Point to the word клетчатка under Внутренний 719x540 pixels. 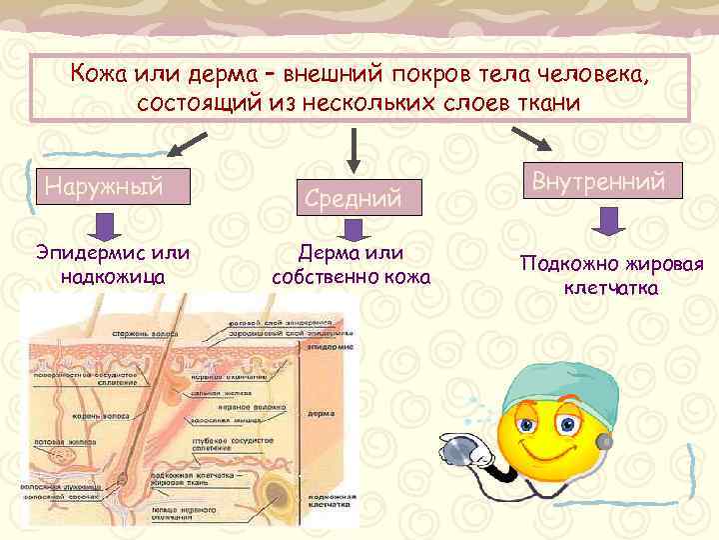609,288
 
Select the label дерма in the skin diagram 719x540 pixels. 321,412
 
